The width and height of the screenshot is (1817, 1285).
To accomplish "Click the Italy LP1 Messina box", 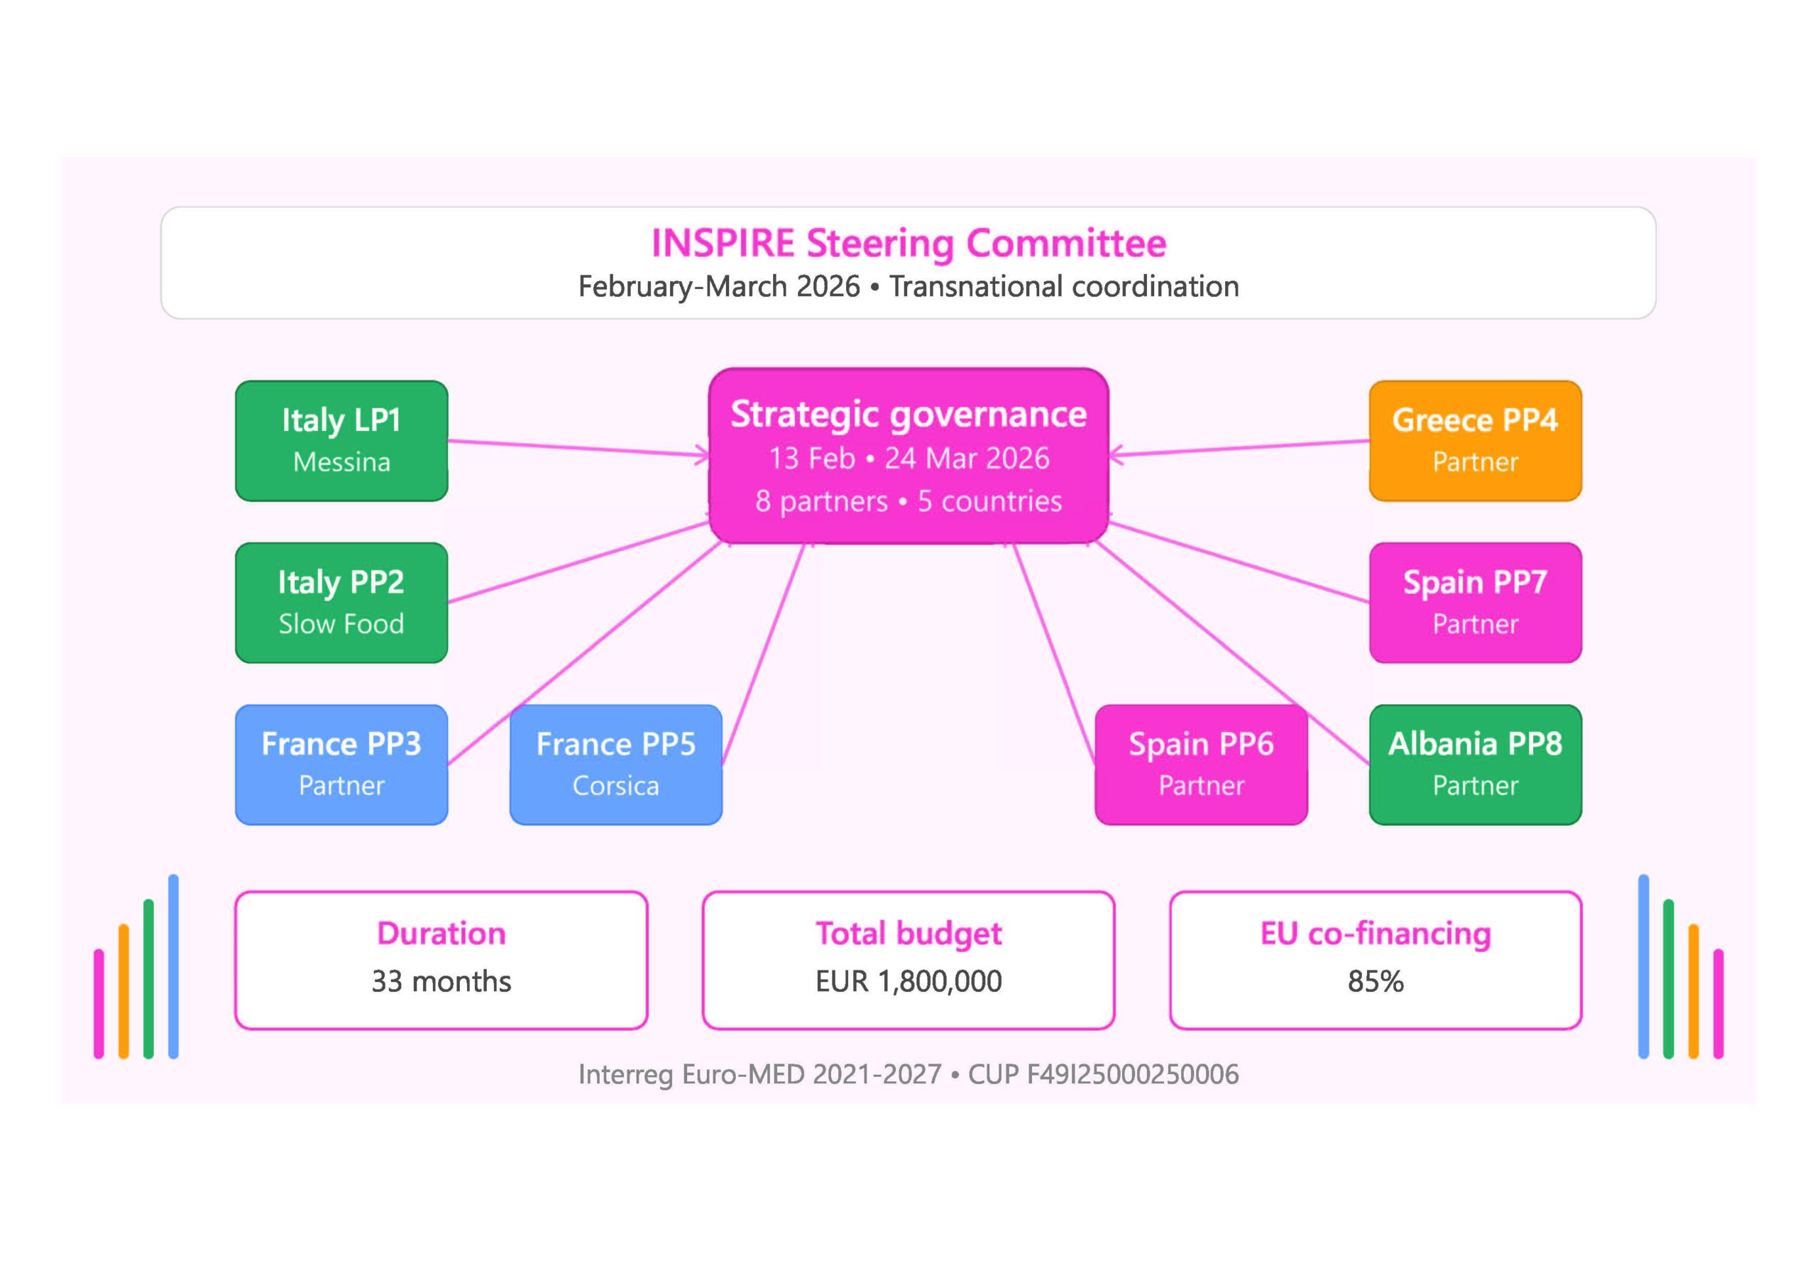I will click(341, 440).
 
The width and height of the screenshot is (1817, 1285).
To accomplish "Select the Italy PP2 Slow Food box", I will click(341, 603).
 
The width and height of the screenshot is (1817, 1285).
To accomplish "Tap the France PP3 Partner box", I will click(341, 764).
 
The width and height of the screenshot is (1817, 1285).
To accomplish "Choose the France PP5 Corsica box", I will click(615, 764).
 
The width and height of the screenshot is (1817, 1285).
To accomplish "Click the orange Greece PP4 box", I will click(1475, 440).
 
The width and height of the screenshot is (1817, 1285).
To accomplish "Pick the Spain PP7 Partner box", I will click(1475, 603).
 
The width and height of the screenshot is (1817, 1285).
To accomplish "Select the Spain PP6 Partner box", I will click(1200, 764).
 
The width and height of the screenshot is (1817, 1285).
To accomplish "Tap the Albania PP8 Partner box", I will click(1475, 764).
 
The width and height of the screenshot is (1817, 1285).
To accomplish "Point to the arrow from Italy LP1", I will click(578, 448).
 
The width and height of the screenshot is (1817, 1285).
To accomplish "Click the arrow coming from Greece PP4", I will click(1239, 448).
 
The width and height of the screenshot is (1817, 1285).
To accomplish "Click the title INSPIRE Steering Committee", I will click(908, 243).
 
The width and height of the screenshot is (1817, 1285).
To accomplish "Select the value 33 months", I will click(441, 982).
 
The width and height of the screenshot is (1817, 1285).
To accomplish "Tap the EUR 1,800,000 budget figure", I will click(908, 982).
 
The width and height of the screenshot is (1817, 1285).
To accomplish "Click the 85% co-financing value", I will click(1376, 982).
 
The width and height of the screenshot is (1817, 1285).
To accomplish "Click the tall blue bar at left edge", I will click(173, 966).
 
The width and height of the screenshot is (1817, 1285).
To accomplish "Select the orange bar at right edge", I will click(1693, 990).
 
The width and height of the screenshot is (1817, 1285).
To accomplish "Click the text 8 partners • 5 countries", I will click(908, 501).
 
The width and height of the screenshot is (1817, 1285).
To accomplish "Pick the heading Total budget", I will click(908, 934).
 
